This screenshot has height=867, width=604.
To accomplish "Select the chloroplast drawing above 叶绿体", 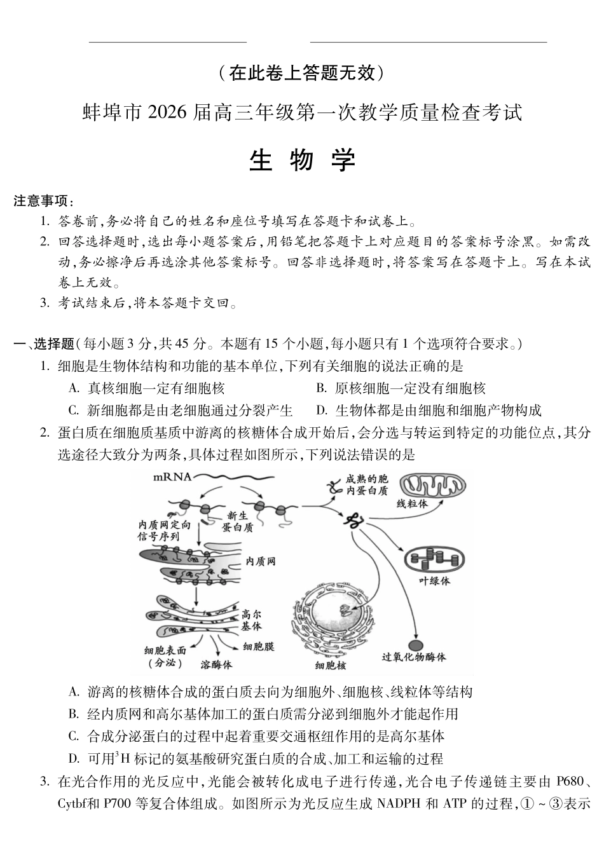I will tap(435, 558).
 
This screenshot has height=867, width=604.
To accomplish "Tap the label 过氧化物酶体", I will tap(414, 657).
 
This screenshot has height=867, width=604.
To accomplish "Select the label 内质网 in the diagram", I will tap(260, 561).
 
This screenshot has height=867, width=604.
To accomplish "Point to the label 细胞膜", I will tap(259, 647).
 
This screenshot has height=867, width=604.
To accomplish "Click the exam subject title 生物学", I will tap(302, 161).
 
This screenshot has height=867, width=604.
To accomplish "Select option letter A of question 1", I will tap(73, 388).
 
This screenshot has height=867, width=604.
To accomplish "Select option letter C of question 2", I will tap(73, 736).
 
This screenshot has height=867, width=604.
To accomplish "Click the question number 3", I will tap(45, 781).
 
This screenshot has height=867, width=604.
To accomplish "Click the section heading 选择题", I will tap(53, 344).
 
